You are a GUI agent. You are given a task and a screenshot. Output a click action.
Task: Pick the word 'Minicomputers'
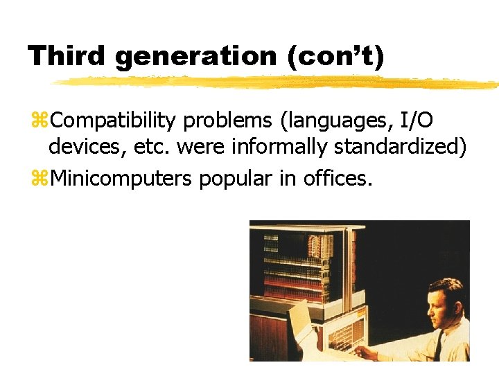coord(122,179)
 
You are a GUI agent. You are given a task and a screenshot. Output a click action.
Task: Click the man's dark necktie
coord(439,346)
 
